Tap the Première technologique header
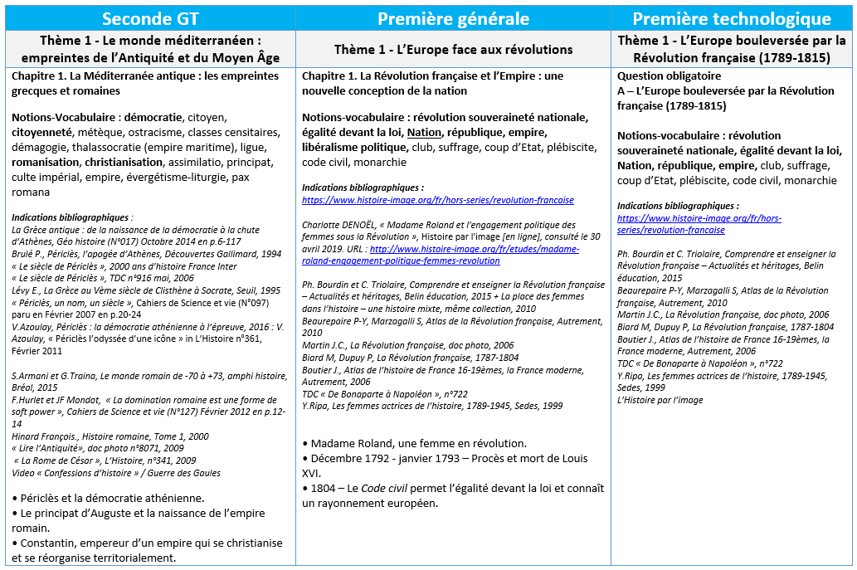coord(731,17)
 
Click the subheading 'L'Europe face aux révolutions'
coord(454,50)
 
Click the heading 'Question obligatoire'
coord(657,76)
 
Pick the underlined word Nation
coord(424,132)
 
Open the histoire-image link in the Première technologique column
coord(699,224)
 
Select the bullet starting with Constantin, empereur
coord(145,543)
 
